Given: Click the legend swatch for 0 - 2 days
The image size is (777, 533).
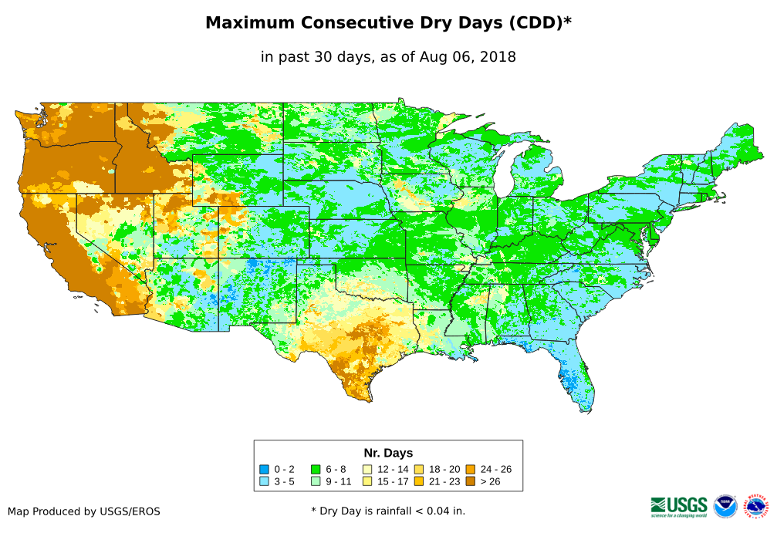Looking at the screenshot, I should [x=264, y=469].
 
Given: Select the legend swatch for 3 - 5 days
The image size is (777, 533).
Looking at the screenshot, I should [x=264, y=481].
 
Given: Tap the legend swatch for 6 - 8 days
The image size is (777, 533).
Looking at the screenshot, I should [x=316, y=469].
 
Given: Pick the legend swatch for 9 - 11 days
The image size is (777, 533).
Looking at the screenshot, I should [x=316, y=481].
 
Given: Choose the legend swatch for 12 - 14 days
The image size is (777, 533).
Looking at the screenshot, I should [x=367, y=469].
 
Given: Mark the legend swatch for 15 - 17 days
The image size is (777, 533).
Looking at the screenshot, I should [x=367, y=481].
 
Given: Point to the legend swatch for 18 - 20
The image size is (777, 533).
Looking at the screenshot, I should [x=419, y=469].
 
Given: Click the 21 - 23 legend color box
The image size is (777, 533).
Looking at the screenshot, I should [x=419, y=481].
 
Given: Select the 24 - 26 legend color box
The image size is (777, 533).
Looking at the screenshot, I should [x=471, y=469].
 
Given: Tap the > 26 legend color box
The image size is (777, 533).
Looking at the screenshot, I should [x=471, y=481].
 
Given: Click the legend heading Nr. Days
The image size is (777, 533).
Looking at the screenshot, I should [x=388, y=453].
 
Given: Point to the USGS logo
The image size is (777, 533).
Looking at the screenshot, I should [x=679, y=505].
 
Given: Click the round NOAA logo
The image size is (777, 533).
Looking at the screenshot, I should [x=725, y=506].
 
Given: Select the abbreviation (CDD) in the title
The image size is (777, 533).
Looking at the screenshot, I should [x=533, y=23].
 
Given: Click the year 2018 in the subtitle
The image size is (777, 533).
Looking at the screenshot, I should [x=497, y=56].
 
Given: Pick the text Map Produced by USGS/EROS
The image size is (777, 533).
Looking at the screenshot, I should [x=84, y=511].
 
